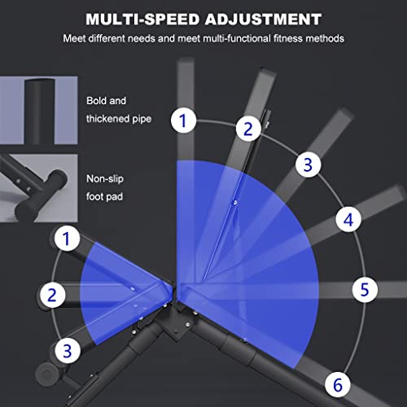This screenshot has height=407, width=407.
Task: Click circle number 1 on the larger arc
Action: click(184, 120)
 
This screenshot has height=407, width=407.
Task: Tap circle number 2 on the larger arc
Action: click(248, 129)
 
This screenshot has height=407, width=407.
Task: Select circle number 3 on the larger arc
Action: click(308, 164)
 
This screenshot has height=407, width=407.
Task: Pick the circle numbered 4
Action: click(348, 219)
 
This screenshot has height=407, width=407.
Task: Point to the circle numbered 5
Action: click(365, 289)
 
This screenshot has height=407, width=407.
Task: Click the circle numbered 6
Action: click(338, 384)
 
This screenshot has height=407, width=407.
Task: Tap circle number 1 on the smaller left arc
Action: click(67, 239)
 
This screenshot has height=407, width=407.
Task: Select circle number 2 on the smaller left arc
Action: click(53, 295)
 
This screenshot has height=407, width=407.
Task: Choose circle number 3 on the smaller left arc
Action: click(68, 351)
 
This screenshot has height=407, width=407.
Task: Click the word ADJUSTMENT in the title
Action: click(263, 20)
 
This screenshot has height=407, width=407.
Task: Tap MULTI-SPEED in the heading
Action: click(142, 20)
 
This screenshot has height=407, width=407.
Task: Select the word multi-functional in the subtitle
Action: click(237, 38)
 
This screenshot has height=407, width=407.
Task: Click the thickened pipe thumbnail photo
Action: click(39, 110)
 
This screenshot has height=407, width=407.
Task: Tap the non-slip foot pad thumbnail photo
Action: click(39, 188)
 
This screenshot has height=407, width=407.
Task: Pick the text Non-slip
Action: click(105, 179)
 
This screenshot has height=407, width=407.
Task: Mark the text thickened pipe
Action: click(119, 119)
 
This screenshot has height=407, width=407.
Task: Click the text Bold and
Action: click(106, 101)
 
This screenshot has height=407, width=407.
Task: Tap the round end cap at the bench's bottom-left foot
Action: click(46, 374)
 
